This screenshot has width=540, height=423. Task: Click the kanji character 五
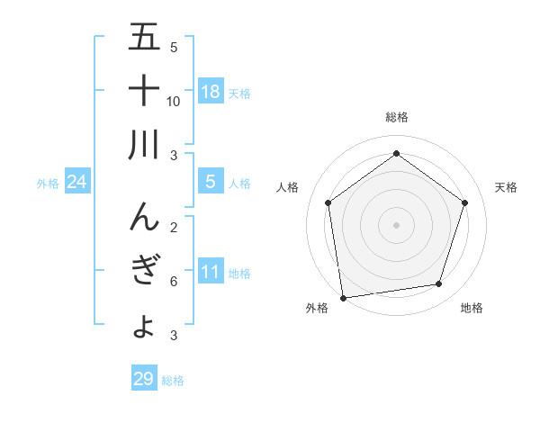pos(144,39)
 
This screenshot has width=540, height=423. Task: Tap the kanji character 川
pos(144,145)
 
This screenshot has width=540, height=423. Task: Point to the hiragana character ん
pos(144,216)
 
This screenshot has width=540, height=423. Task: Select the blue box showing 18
pos(211,91)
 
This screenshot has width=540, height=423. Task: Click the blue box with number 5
pos(211,182)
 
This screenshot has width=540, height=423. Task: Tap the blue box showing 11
pos(211,272)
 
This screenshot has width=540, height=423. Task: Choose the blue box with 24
pos(77,182)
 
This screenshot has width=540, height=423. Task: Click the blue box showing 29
pos(144,379)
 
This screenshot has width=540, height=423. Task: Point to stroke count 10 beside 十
pos(174,101)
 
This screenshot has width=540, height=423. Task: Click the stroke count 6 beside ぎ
pos(174,282)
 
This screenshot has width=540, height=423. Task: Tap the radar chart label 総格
pos(396,118)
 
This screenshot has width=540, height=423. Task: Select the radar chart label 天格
pos(507,187)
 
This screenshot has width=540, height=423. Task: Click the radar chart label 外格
pos(317,309)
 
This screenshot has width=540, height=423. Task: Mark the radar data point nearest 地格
pos(438,284)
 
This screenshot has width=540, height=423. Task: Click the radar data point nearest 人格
pos(328,202)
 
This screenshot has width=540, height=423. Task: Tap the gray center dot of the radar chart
pos(396,224)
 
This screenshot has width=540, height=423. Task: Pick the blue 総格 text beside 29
pos(173,381)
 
